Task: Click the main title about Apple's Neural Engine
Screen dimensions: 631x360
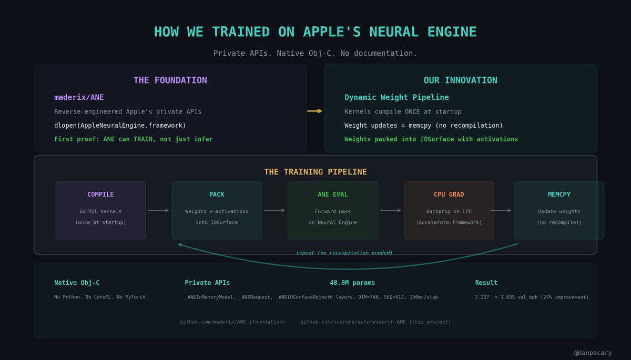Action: pos(315,32)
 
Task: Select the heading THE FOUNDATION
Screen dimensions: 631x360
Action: pos(170,80)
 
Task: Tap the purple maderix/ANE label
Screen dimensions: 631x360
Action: pos(79,97)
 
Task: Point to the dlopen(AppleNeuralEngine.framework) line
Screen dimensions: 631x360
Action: pos(120,126)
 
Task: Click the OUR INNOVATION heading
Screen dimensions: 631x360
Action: pos(460,80)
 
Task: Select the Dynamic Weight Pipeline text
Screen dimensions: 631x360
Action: pos(396,97)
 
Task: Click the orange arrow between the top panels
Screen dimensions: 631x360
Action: pos(314,111)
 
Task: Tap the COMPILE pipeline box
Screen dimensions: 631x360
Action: pos(100,210)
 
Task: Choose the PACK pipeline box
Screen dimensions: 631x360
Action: pos(217,210)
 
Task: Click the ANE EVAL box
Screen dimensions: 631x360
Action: pos(333,210)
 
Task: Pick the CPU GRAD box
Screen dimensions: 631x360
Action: pos(449,210)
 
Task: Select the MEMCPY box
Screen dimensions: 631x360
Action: pos(559,210)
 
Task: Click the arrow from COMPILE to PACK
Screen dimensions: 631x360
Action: pos(158,210)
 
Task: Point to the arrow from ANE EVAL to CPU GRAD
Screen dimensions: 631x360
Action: pos(391,210)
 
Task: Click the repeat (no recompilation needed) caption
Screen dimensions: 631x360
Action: pos(344,253)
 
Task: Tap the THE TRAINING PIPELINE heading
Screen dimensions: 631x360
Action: pos(315,172)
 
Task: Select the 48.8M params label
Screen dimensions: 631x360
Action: pos(352,283)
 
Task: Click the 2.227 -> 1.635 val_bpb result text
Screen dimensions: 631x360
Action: pos(532,297)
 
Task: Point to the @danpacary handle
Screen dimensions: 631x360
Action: pos(593,353)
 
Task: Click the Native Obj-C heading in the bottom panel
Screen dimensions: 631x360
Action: pos(77,283)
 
